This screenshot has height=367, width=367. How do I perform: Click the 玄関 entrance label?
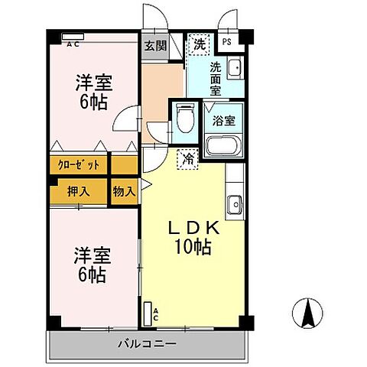pos(155,45)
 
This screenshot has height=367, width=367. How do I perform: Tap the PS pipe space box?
pos(227,43)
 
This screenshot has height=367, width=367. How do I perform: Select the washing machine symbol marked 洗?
pos(198,43)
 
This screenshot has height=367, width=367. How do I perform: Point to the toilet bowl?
pos(183,119)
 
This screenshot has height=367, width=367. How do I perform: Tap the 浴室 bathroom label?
pos(224,120)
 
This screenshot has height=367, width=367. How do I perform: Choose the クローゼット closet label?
pos(77,164)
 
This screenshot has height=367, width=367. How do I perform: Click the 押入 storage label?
pos(77,191)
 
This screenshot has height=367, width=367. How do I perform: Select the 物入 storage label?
pos(124,191)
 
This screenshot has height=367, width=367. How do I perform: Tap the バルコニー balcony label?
pos(148,343)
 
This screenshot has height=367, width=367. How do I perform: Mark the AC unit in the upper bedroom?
pos(72,37)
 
